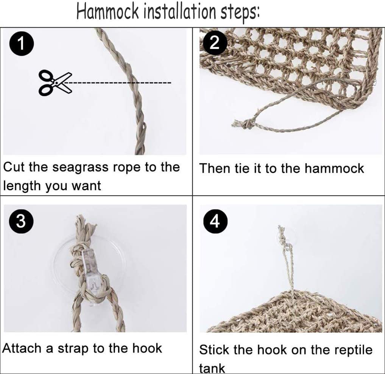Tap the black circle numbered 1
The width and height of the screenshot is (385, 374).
click(x=21, y=44)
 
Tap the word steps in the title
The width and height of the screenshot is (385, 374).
click(x=240, y=13)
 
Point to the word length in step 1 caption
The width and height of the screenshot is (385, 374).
click(x=22, y=186)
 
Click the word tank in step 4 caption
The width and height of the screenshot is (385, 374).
click(x=212, y=368)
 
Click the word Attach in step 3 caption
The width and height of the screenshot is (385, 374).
click(x=23, y=348)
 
